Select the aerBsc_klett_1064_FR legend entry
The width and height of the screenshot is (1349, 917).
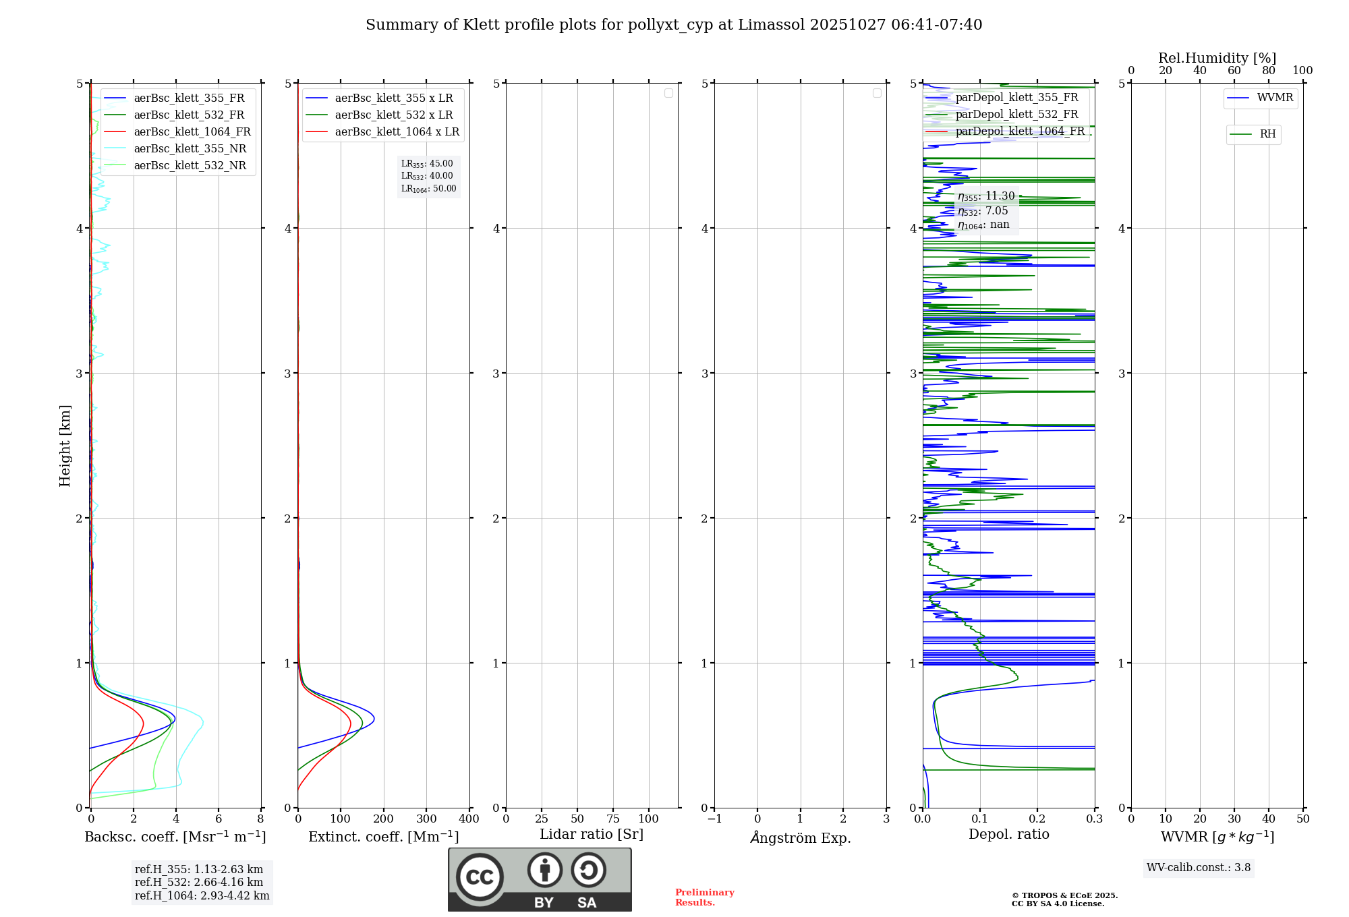click(x=192, y=132)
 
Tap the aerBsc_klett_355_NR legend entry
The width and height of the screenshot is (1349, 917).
click(x=190, y=149)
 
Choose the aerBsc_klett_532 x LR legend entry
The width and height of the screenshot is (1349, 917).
click(x=394, y=115)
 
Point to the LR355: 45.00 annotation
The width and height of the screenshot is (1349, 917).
click(x=427, y=164)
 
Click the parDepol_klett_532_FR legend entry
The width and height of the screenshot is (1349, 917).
click(x=1016, y=115)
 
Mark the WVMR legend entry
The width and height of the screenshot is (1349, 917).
click(x=1275, y=98)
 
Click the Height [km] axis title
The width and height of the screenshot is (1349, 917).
click(x=65, y=446)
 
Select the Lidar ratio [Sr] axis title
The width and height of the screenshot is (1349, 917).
click(x=592, y=835)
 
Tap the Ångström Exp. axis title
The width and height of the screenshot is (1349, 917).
click(x=801, y=838)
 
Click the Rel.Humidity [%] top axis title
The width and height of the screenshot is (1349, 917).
click(x=1217, y=58)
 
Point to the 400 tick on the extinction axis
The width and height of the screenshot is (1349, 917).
click(x=469, y=819)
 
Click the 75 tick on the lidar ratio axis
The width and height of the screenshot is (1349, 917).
click(x=613, y=819)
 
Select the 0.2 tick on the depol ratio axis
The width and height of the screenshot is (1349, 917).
click(x=1037, y=819)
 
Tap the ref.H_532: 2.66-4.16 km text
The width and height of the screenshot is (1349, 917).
click(x=199, y=883)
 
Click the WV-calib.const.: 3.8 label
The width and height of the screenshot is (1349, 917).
click(x=1199, y=868)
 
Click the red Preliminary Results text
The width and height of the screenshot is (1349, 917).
click(x=704, y=897)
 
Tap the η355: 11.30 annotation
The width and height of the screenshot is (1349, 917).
click(x=986, y=196)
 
